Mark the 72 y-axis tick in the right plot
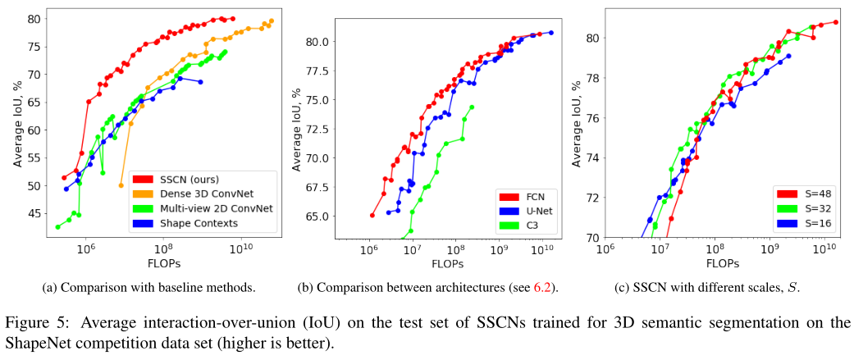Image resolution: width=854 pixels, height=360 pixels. [x=594, y=198]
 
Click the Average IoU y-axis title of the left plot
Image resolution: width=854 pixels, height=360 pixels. [x=16, y=122]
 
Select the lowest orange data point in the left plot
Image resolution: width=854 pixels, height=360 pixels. [x=121, y=185]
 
